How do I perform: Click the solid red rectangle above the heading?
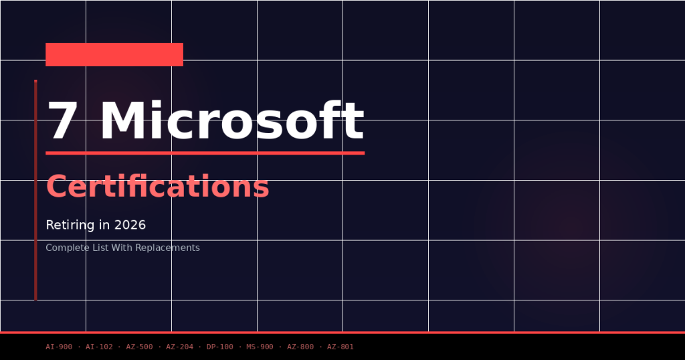pos(114,54)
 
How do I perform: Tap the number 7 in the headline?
pos(62,122)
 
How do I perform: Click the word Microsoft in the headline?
pos(231,122)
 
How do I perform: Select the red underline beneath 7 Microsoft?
pos(205,153)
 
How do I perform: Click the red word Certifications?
pos(157,187)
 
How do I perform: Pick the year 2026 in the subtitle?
pos(130,226)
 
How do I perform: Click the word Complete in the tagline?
pos(66,248)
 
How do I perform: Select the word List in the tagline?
pos(100,248)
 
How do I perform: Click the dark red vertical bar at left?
pos(35,191)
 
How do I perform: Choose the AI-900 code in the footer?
pos(59,347)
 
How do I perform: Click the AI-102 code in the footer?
pos(99,347)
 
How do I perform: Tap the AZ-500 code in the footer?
pos(139,347)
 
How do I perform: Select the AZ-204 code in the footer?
pos(179,347)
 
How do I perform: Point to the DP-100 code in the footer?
pos(220,347)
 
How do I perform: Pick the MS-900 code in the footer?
pos(260,347)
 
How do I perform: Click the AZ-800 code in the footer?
pos(300,347)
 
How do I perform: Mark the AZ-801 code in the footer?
pos(340,347)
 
